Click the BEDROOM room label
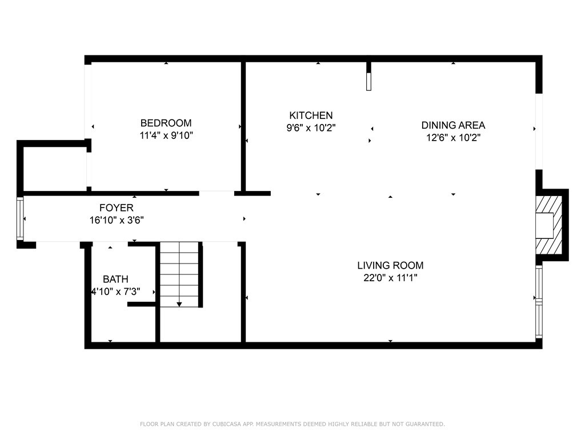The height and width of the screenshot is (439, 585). click(166, 123)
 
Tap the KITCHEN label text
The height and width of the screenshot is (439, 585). click(311, 115)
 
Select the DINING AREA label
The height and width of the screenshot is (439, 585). click(453, 125)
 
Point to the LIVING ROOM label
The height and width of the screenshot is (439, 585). click(390, 265)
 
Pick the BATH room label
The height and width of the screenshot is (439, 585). click(115, 280)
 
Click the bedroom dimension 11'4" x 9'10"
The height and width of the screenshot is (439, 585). click(166, 136)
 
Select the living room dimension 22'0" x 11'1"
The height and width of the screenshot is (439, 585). click(390, 278)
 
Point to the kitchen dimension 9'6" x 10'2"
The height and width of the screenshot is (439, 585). click(311, 129)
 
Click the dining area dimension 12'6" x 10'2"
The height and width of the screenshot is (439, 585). click(453, 138)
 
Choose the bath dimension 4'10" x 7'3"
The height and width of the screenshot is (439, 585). click(115, 292)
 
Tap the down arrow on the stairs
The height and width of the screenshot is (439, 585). click(179, 304)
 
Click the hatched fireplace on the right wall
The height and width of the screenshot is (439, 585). click(545, 225)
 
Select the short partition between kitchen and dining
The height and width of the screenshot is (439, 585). click(369, 76)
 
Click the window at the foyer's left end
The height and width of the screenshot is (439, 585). click(21, 219)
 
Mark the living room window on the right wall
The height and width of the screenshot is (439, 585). click(538, 301)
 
